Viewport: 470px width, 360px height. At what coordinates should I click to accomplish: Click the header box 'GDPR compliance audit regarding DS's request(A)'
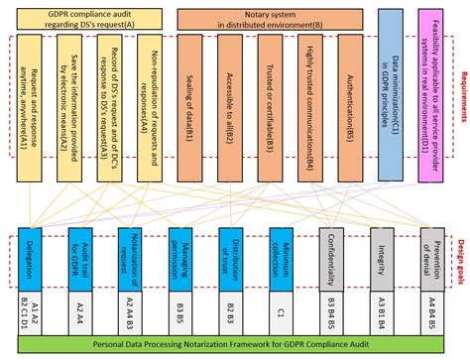(x=89, y=17)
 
